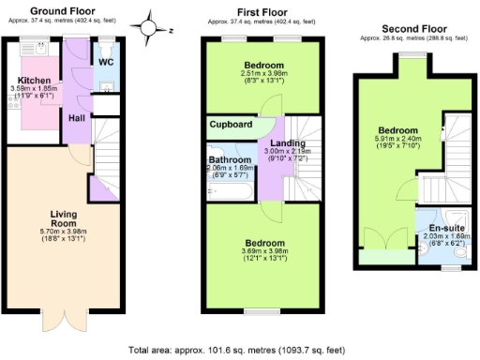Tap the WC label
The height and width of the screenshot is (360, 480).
(106, 62)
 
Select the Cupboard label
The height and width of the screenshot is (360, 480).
(231, 125)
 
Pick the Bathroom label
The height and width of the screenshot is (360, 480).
(229, 159)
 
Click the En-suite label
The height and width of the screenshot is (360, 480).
(444, 228)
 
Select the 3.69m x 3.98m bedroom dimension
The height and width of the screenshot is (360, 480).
(262, 251)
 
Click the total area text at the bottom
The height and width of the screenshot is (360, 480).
(240, 349)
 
